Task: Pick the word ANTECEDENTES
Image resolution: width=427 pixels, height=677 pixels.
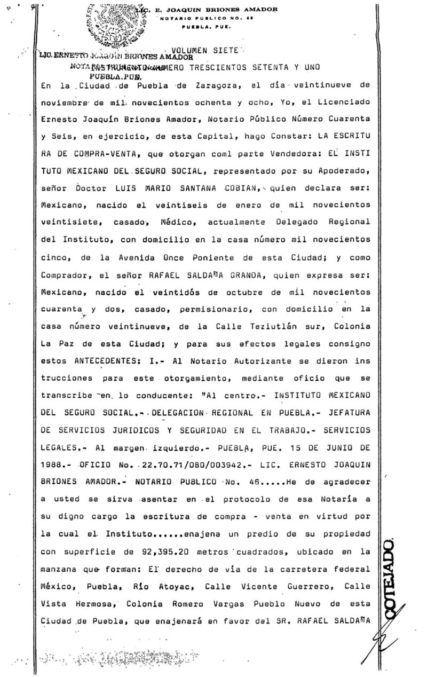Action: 100,360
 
